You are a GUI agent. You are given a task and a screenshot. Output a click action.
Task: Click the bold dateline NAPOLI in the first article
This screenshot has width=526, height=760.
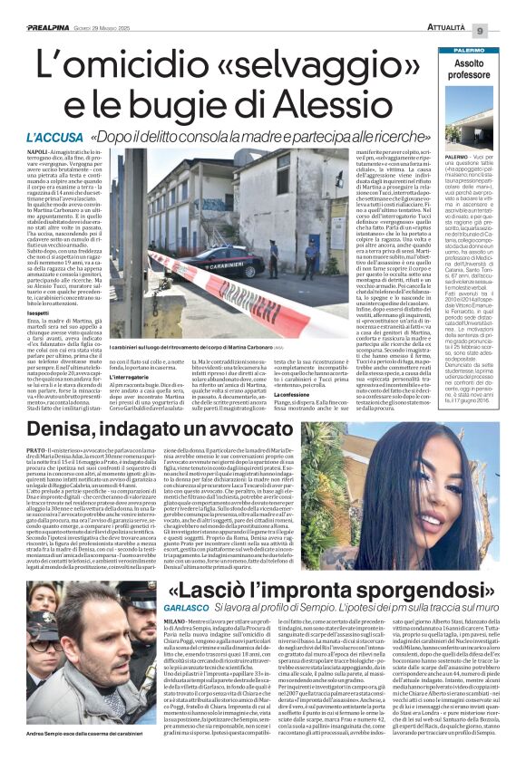[39, 155]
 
